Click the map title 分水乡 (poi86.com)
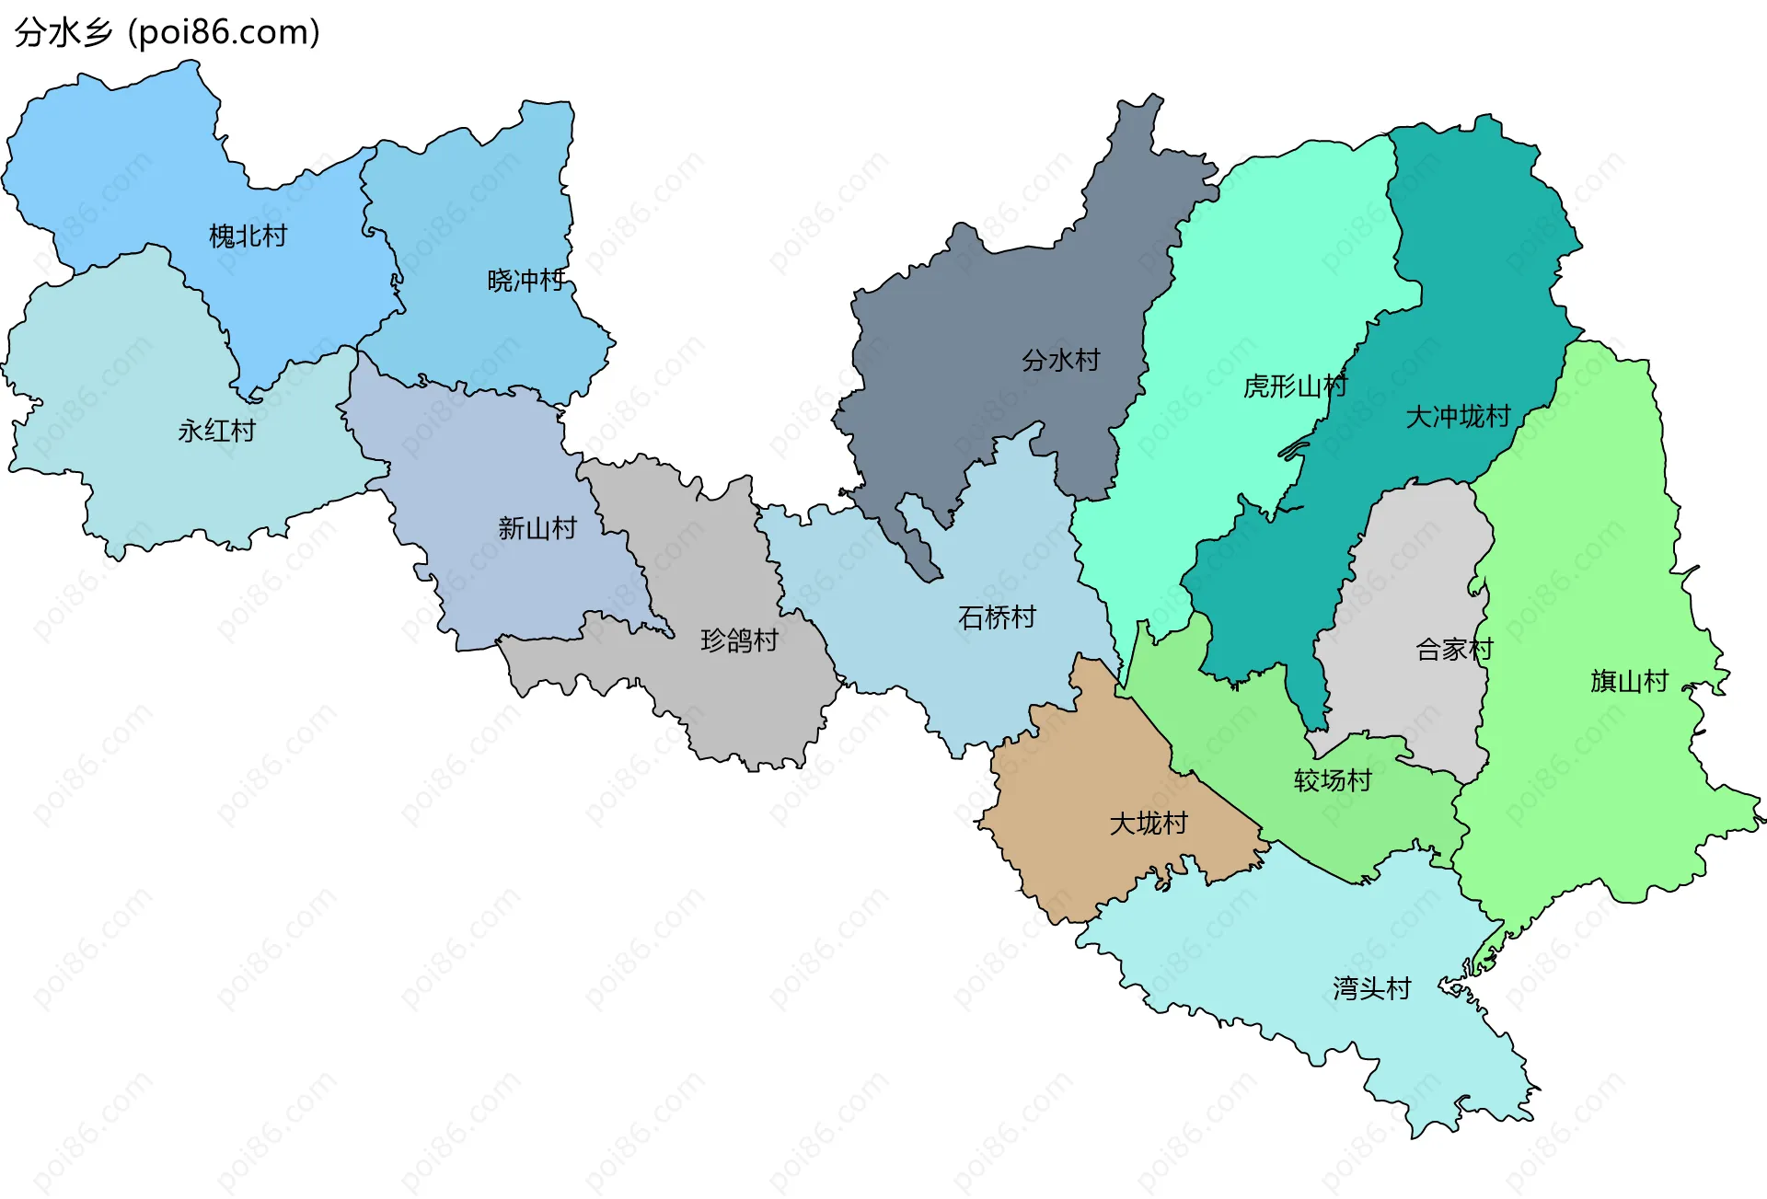[167, 32]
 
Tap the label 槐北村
[248, 236]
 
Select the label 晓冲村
[525, 280]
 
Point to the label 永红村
[216, 431]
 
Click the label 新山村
[537, 528]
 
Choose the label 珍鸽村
[739, 640]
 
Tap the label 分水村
[1060, 360]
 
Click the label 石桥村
[997, 617]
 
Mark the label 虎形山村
[1295, 386]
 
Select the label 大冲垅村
[1458, 417]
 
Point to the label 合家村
[1454, 650]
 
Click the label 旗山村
[1629, 681]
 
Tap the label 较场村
[1333, 780]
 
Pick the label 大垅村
[1149, 823]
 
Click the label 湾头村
[1371, 988]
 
